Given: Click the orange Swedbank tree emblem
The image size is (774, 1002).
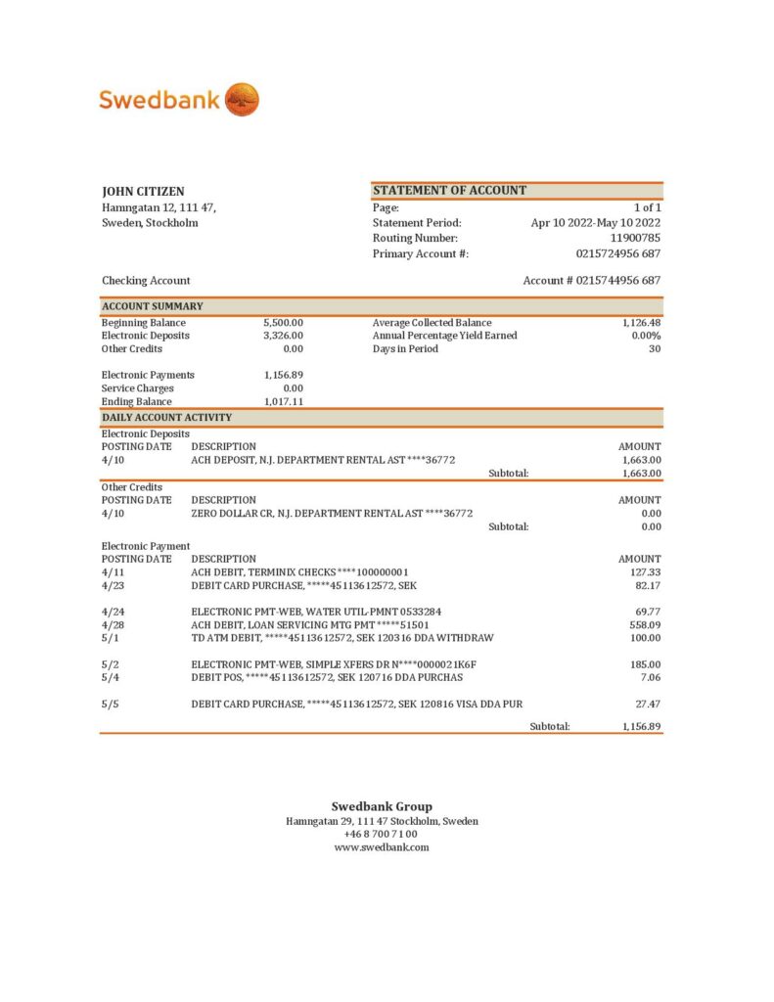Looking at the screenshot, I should [x=242, y=99].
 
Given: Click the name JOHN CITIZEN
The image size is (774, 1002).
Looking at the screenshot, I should [x=143, y=192].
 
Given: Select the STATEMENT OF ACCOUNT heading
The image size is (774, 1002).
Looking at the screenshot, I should [x=449, y=191].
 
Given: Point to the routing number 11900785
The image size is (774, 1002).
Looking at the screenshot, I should [x=635, y=238].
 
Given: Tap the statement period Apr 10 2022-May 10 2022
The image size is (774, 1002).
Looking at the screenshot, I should [x=596, y=223].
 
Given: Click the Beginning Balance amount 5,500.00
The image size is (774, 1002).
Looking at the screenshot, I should [x=283, y=323].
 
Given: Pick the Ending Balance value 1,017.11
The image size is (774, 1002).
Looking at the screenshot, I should [x=284, y=402].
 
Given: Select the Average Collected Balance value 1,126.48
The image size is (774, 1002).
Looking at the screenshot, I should [x=641, y=323].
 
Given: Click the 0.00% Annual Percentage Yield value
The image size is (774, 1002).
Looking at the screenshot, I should [x=646, y=336].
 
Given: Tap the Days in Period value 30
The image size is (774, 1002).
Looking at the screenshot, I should [x=655, y=349].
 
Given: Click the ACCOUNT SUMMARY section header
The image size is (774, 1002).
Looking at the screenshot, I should [x=153, y=306].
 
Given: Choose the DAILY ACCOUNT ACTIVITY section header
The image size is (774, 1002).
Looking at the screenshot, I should [x=166, y=418].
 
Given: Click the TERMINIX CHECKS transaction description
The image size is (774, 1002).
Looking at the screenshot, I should [x=299, y=572].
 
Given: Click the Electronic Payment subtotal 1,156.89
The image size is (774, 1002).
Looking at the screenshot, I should [x=641, y=727].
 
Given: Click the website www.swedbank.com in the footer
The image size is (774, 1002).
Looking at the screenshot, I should [x=382, y=847].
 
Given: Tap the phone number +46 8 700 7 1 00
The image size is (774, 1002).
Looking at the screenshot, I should [x=381, y=835].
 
